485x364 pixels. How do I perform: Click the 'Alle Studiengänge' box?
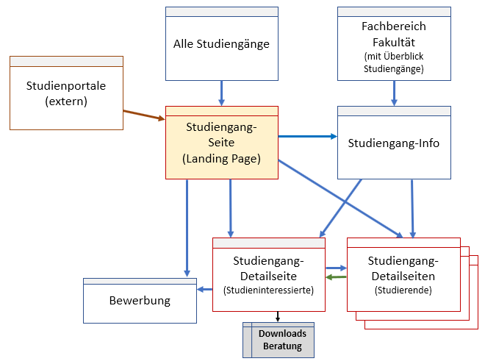tap(221, 44)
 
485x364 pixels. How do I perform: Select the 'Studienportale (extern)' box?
tap(66, 93)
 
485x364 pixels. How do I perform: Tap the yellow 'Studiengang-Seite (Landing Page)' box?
tap(221, 143)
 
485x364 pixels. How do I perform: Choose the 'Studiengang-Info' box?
tap(394, 143)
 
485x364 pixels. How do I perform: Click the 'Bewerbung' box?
tap(140, 301)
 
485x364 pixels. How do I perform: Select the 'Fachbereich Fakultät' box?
tap(394, 44)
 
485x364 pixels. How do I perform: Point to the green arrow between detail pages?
tap(336, 277)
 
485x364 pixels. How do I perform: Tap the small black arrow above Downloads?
tap(278, 317)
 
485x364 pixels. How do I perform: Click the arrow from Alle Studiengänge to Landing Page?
tap(221, 93)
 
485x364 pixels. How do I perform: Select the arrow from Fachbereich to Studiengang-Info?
tap(394, 93)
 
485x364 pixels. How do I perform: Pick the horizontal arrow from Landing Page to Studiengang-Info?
tap(307, 136)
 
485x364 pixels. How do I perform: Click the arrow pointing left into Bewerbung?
tap(204, 289)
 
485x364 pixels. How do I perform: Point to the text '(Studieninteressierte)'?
tap(268, 290)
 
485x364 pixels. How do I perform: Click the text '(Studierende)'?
tap(403, 290)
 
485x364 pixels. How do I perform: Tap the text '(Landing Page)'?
tap(221, 158)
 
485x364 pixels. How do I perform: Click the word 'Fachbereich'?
tap(394, 26)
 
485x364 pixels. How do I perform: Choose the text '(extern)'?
tap(66, 101)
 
